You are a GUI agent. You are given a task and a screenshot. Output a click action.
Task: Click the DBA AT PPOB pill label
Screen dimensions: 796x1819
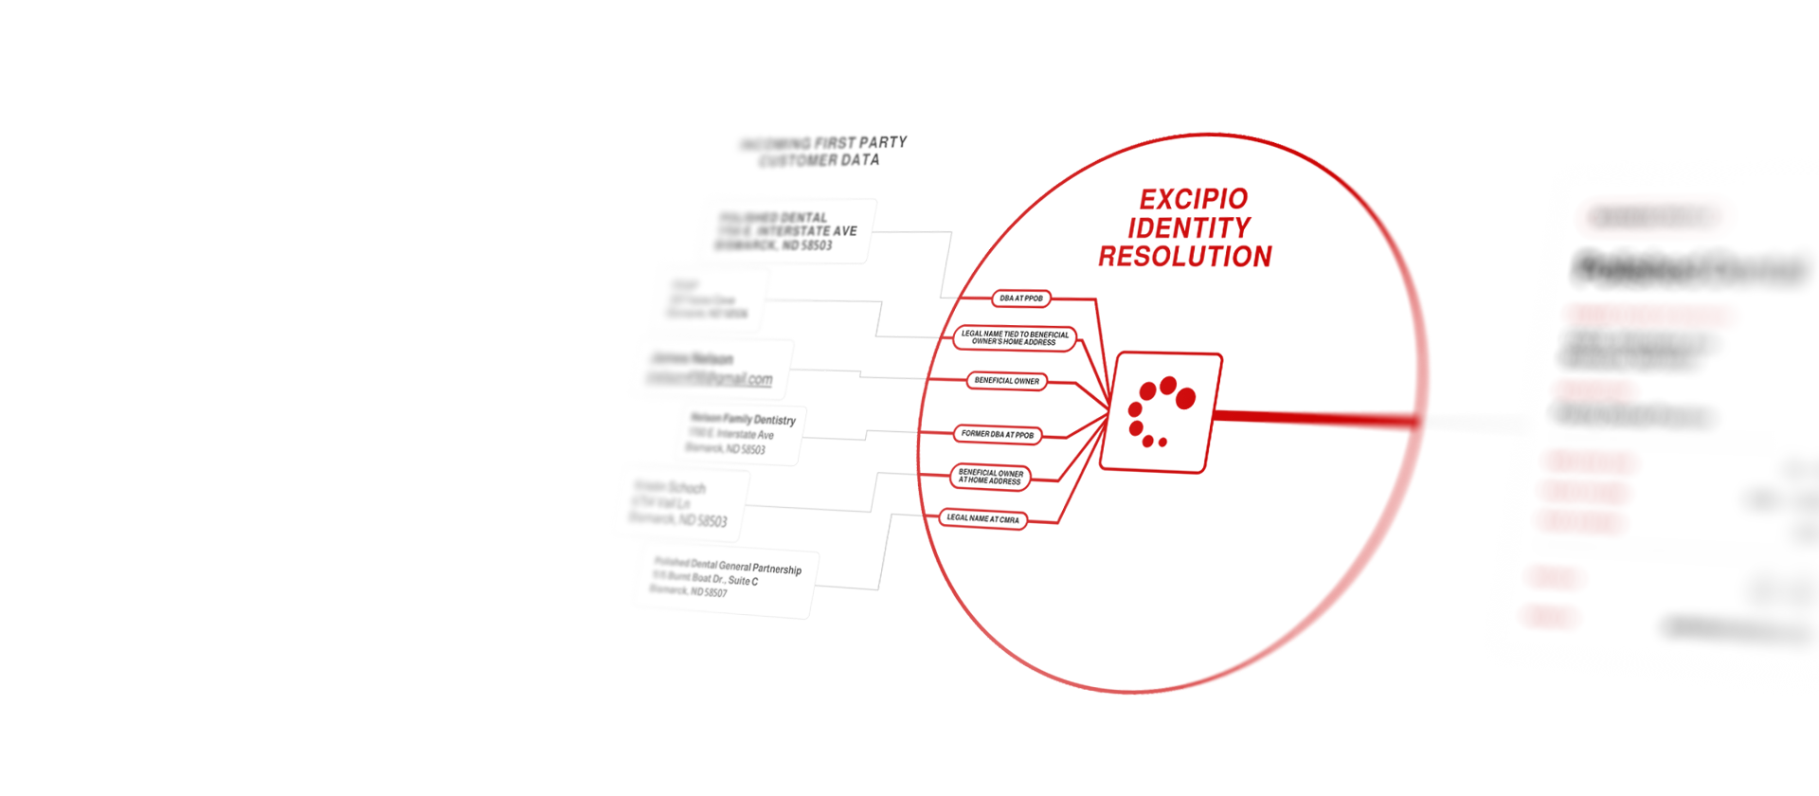point(1020,298)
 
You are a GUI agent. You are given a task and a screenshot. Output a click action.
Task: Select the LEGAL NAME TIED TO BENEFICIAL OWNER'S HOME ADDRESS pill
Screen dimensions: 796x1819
point(1014,338)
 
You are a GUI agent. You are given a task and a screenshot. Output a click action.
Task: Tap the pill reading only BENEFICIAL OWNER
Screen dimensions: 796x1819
point(1006,381)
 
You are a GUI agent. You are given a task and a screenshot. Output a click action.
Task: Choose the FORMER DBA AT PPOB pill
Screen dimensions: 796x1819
point(997,434)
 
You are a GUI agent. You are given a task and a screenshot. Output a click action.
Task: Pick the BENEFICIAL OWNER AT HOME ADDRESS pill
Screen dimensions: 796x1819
point(990,477)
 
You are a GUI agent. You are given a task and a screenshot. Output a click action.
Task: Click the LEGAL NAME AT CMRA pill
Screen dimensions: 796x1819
point(982,519)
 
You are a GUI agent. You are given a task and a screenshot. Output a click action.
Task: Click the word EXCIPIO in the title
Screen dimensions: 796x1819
point(1194,199)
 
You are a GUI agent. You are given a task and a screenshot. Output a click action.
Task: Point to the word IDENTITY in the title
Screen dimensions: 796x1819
point(1189,228)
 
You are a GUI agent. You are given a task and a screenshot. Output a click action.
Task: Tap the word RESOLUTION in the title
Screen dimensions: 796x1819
point(1185,257)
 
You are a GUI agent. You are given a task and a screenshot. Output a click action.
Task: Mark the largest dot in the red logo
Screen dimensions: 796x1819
point(1185,398)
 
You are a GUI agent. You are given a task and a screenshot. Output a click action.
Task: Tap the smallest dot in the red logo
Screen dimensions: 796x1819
point(1162,443)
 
